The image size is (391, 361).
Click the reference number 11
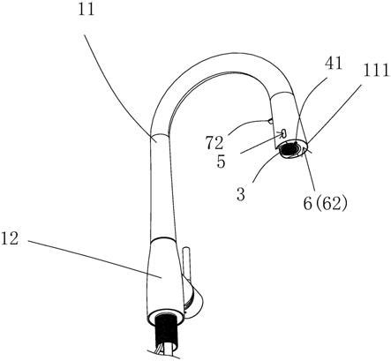[x=86, y=10]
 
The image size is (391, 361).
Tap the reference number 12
[x=10, y=238]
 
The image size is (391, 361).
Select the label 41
[x=334, y=63]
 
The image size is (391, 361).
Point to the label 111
[x=376, y=71]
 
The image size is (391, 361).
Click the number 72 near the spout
[x=214, y=143]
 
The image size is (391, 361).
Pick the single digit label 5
[x=221, y=162]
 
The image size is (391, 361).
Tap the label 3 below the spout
[x=241, y=195]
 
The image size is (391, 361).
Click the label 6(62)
[x=325, y=203]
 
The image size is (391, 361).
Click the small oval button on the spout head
[x=284, y=133]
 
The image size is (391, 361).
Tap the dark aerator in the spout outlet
[x=288, y=150]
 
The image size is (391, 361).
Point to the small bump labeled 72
[x=270, y=120]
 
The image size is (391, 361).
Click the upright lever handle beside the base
[x=186, y=267]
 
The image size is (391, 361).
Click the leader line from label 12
[x=94, y=259]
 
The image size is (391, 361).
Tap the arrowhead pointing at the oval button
[x=280, y=135]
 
